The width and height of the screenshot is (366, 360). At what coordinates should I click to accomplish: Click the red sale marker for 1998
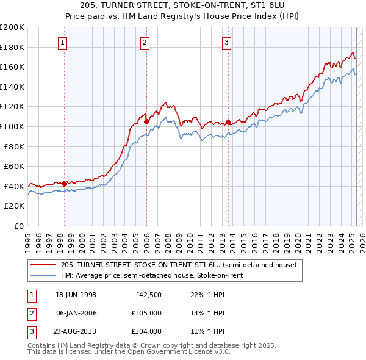tap(65, 183)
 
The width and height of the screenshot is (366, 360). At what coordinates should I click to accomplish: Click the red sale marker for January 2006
tap(146, 121)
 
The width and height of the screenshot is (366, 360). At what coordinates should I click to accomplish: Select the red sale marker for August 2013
tap(228, 122)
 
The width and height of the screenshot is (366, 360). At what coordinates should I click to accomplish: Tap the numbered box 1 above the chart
tap(64, 42)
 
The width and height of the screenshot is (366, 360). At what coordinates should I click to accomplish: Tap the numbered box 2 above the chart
tap(145, 42)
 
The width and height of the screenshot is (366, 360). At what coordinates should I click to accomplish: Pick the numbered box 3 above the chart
tap(226, 42)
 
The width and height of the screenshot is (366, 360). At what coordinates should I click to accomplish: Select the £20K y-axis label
tap(14, 206)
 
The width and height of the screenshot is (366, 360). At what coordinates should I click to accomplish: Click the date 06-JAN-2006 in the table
tap(76, 314)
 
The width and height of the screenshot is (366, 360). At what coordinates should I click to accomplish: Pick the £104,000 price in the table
tap(147, 331)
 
